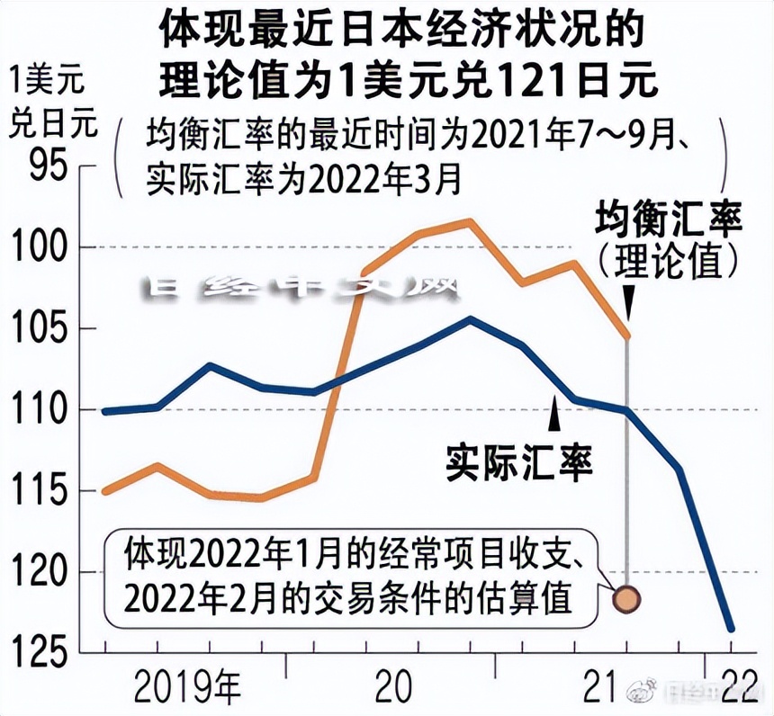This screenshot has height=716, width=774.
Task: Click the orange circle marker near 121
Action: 626,596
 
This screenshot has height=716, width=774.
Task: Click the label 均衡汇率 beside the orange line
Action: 669,221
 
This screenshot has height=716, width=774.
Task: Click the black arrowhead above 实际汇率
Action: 555,416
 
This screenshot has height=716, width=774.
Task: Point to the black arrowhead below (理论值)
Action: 626,303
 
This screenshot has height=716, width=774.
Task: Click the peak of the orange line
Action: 468,220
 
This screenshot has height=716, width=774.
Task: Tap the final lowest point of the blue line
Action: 731,629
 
